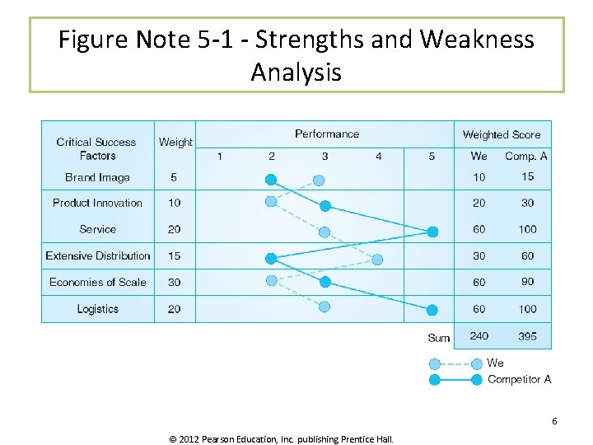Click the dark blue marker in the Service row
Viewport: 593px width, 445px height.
432,232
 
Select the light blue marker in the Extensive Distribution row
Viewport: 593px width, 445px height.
377,260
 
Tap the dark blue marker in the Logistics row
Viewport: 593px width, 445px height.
432,310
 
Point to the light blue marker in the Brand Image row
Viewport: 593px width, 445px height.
319,180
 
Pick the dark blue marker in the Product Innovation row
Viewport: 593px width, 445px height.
325,206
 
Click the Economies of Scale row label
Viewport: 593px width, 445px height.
97,282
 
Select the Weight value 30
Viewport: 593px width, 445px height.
174,282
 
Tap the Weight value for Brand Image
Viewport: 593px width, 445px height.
174,177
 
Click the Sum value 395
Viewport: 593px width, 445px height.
527,336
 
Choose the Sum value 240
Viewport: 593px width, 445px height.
479,336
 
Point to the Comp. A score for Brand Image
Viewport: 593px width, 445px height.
527,176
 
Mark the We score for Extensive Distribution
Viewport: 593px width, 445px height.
479,255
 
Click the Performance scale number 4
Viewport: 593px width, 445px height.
378,156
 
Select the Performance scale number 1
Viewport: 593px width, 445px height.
219,156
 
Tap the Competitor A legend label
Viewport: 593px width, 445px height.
519,379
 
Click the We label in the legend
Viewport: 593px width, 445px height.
495,363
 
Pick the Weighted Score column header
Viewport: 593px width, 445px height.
502,134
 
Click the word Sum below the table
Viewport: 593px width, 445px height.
439,338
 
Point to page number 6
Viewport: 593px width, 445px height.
554,421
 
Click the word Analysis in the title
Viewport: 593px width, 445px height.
296,73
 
